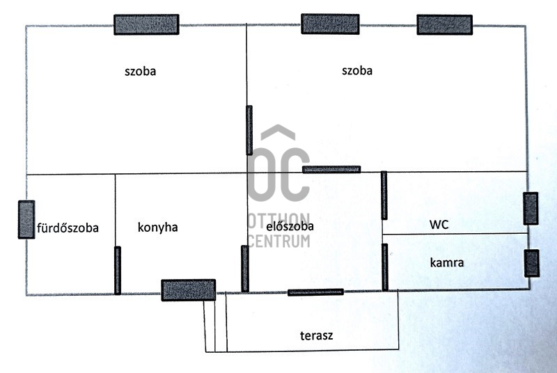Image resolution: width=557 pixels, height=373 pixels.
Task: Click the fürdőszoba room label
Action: tap(68, 228)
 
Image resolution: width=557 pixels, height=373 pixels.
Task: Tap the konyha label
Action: tap(158, 227)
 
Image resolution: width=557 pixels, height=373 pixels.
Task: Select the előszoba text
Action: tap(290, 226)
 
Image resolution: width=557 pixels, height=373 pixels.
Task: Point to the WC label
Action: tap(439, 225)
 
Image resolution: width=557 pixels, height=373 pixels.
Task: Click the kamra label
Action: tap(447, 263)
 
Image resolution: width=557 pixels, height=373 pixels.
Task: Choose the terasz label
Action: tap(316, 335)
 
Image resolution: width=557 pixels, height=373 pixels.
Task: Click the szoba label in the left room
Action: tap(140, 71)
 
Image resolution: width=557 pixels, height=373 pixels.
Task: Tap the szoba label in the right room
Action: tap(357, 70)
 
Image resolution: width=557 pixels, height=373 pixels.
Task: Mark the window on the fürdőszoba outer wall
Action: tap(26, 220)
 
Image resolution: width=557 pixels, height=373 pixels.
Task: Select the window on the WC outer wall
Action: tap(531, 209)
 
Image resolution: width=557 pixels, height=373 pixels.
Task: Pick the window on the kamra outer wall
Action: tap(531, 263)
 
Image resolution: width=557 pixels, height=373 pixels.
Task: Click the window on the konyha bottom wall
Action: tap(188, 289)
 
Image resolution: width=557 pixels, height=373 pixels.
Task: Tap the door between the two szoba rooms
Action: tap(249, 129)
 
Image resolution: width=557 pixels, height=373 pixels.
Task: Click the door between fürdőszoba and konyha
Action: tap(117, 270)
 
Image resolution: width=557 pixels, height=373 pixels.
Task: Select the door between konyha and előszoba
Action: tap(244, 268)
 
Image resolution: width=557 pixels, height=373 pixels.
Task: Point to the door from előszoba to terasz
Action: tap(315, 292)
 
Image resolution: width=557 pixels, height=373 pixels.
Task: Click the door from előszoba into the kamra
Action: tap(384, 267)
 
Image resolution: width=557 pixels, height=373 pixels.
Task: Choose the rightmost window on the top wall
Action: tap(446, 25)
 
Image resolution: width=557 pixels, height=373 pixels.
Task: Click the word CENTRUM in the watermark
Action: tap(279, 241)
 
